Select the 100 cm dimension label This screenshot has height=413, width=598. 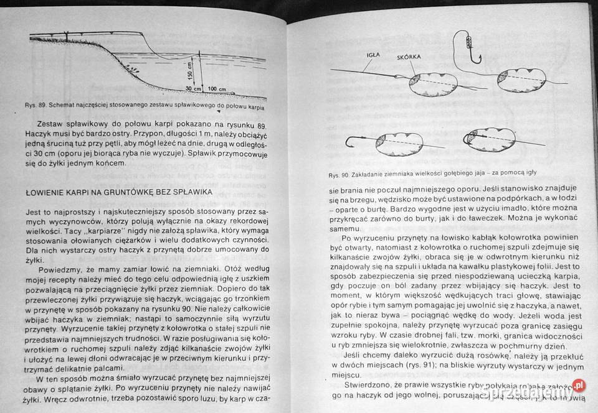click(x=217, y=89)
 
